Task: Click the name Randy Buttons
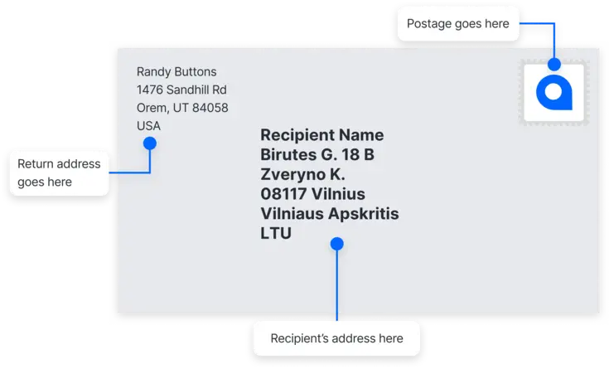(x=176, y=71)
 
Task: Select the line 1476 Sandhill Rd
(x=181, y=90)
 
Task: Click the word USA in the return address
(x=148, y=125)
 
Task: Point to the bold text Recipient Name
(x=322, y=135)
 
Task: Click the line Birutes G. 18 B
(x=317, y=154)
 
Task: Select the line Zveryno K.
(x=302, y=174)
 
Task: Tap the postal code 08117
(x=283, y=194)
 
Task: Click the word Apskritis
(x=364, y=213)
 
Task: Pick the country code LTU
(x=276, y=233)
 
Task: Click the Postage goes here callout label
(x=458, y=24)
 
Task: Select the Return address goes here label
(x=59, y=172)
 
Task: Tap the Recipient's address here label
(x=336, y=338)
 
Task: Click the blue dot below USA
(x=150, y=143)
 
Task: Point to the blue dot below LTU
(x=337, y=244)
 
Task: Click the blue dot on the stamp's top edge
(x=554, y=64)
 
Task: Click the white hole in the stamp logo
(x=553, y=92)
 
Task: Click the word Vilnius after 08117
(x=338, y=194)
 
